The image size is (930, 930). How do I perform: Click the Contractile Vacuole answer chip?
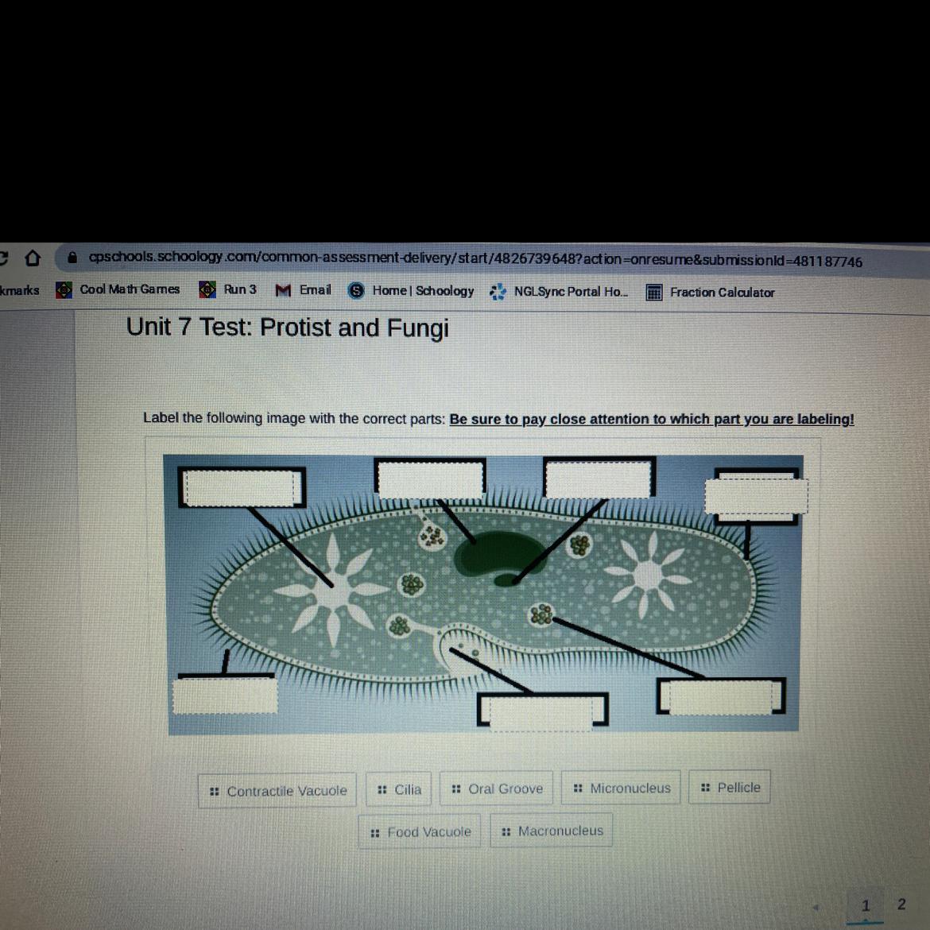[x=277, y=790]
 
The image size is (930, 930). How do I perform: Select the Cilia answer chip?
[x=398, y=789]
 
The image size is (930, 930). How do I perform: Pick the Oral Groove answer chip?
[x=497, y=789]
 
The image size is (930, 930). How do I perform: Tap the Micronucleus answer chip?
[x=621, y=788]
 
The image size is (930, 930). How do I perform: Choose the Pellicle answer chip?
[x=730, y=787]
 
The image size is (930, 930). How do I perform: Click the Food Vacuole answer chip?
[x=420, y=832]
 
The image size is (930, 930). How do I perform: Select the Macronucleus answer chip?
[x=552, y=831]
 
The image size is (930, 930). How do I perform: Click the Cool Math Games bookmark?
[x=118, y=289]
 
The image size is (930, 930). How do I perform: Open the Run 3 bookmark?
[x=228, y=289]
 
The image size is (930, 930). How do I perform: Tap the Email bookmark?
[x=303, y=290]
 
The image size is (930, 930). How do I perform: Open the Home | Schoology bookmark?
[x=411, y=291]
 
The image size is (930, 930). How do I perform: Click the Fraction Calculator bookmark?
[x=711, y=293]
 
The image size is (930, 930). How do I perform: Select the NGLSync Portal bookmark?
[x=559, y=292]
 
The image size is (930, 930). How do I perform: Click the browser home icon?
[x=33, y=258]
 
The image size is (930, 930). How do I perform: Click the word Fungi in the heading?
[x=417, y=328]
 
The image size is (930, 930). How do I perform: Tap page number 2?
[x=901, y=904]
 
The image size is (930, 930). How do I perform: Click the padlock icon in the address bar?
[x=72, y=258]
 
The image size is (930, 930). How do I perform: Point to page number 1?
[x=866, y=905]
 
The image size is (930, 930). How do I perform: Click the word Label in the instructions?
[x=161, y=417]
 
